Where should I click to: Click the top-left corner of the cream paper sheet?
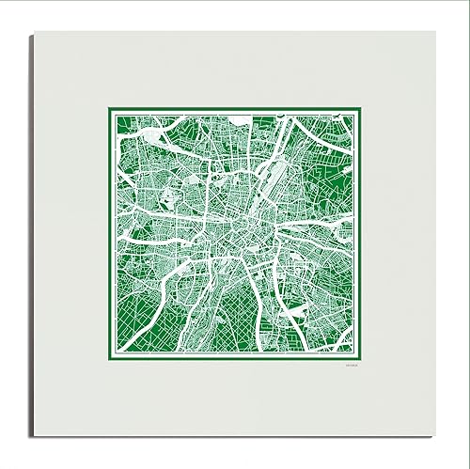(33, 31)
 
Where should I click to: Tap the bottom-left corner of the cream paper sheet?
(33, 437)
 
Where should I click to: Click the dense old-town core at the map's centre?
(235, 235)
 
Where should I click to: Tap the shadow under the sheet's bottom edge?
(235, 441)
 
